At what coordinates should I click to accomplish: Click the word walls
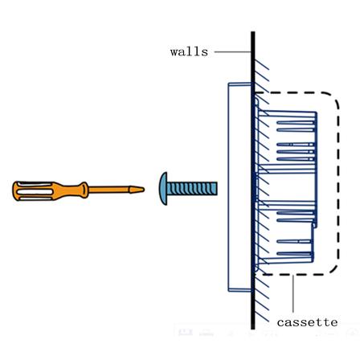[x=189, y=51]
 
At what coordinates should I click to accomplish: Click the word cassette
[x=307, y=322]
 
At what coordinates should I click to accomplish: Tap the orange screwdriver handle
[x=50, y=190]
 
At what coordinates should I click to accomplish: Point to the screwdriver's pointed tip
[x=144, y=190]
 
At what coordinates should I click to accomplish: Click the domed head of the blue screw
[x=163, y=189]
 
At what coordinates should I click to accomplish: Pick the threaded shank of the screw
[x=192, y=189]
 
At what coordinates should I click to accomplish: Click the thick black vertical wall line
[x=253, y=180]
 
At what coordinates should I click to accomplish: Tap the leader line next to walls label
[x=232, y=51]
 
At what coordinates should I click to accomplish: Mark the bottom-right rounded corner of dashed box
[x=333, y=268]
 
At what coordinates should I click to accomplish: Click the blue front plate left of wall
[x=239, y=187]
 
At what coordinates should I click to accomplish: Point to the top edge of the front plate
[x=239, y=84]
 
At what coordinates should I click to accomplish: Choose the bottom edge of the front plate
[x=239, y=290]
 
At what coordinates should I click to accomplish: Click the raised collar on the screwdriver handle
[x=84, y=190]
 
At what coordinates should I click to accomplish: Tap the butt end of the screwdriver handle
[x=14, y=190]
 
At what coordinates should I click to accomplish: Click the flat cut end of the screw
[x=217, y=189]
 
